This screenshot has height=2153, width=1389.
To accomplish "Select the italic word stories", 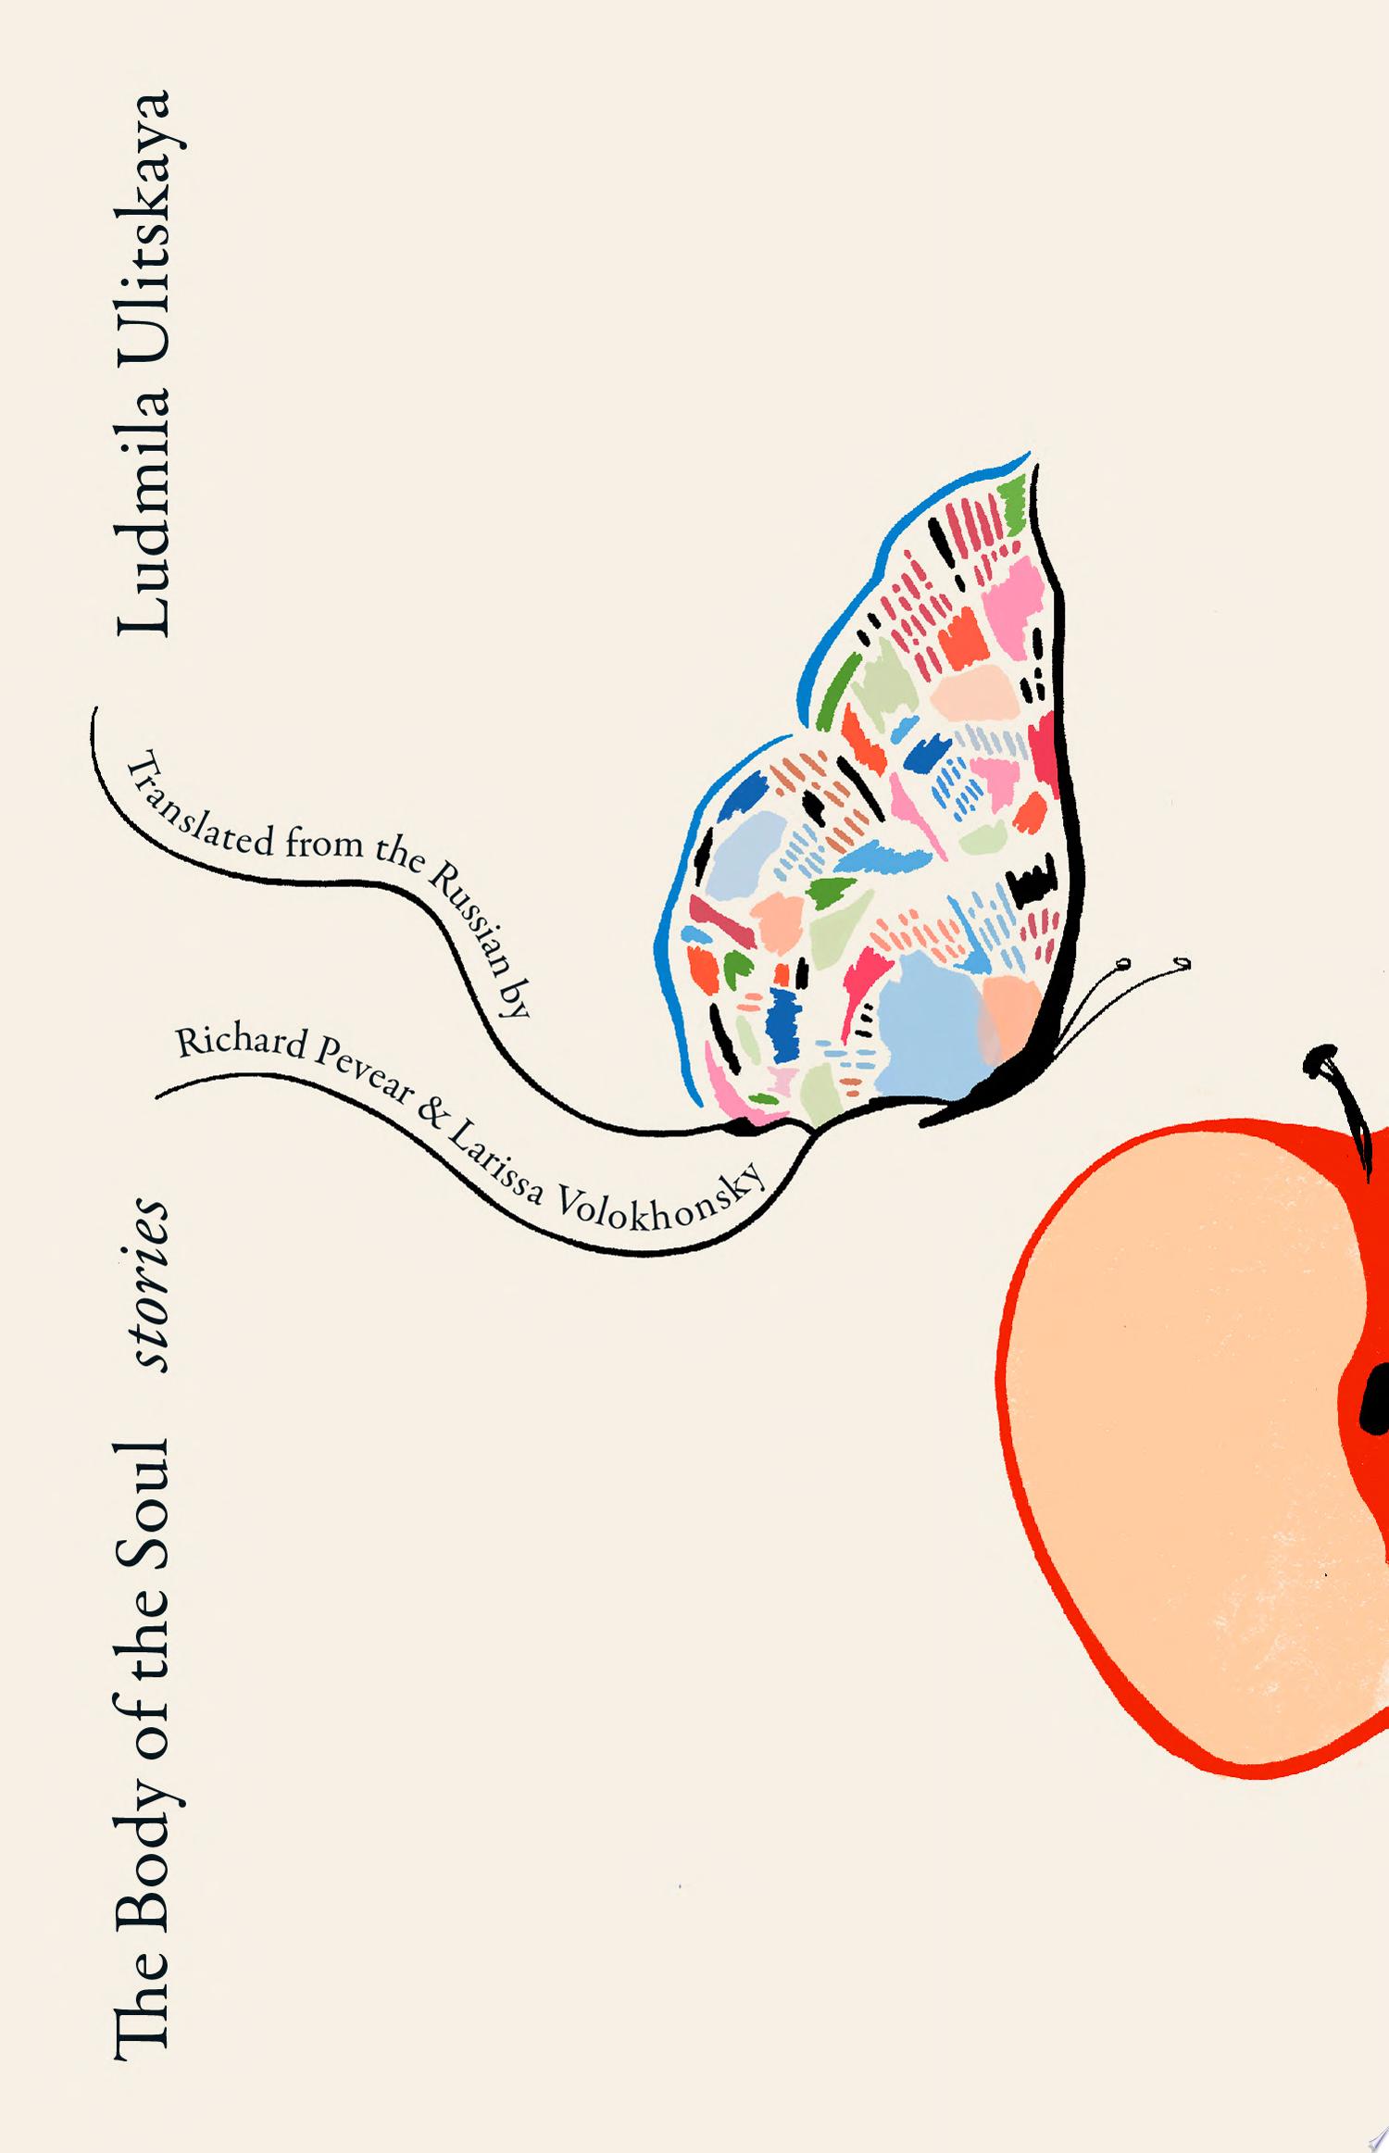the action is pos(147,1286).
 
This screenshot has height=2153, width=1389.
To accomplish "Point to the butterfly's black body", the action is pos(1000,1088).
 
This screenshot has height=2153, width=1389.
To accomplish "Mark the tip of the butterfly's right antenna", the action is pos(1182,966).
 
